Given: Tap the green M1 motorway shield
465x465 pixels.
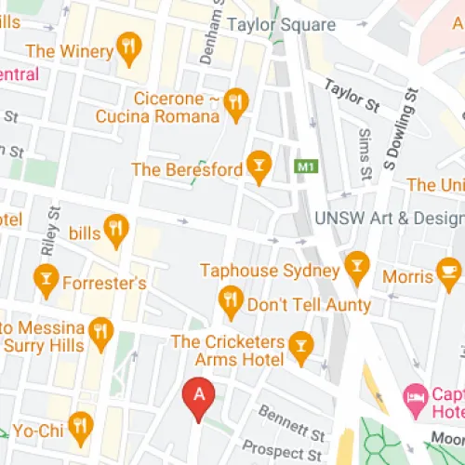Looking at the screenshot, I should click(303, 167).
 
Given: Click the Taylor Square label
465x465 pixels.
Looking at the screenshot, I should click(282, 25).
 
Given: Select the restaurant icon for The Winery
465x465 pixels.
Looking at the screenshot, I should click(129, 46).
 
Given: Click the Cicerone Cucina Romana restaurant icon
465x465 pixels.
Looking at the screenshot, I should click(237, 102).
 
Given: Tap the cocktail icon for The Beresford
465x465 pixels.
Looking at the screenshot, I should click(259, 166).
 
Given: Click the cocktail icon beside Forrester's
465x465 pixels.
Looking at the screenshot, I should click(44, 276).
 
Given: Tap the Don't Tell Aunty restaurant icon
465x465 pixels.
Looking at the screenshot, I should click(230, 300).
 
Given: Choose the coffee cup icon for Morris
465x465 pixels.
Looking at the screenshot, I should click(448, 274).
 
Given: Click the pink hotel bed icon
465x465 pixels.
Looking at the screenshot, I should click(416, 398).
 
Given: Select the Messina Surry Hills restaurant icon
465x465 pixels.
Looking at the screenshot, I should click(100, 330).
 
